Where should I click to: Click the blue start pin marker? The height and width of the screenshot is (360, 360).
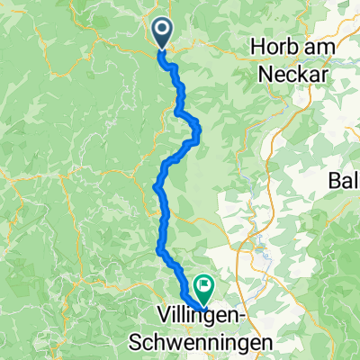(163, 34)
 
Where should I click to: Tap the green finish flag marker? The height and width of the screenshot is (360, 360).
(202, 288)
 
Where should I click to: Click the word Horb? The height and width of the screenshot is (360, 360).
(279, 51)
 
